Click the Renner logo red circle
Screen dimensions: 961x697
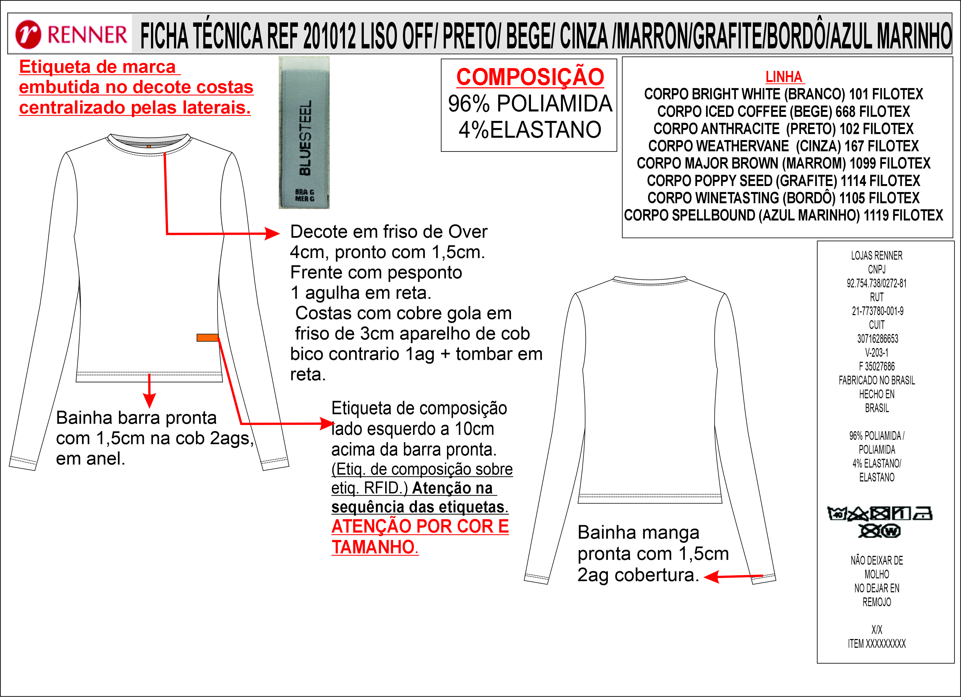[28, 34]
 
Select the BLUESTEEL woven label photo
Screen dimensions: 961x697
[304, 133]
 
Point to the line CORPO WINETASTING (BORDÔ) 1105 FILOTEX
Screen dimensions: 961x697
[783, 198]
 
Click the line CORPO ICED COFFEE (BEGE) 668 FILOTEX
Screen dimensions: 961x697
[783, 111]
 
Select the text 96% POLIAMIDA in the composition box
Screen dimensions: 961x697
[530, 103]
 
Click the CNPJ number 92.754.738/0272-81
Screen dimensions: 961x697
[877, 283]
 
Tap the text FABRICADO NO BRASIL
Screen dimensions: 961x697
[877, 381]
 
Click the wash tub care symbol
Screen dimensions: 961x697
[837, 513]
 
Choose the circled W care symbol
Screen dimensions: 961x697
[892, 531]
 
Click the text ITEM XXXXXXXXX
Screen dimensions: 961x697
[877, 644]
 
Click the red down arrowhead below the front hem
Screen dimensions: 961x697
[149, 400]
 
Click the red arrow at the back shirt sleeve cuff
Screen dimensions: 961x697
[733, 576]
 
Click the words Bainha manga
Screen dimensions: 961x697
[638, 533]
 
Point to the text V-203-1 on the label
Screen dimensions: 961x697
[877, 353]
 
